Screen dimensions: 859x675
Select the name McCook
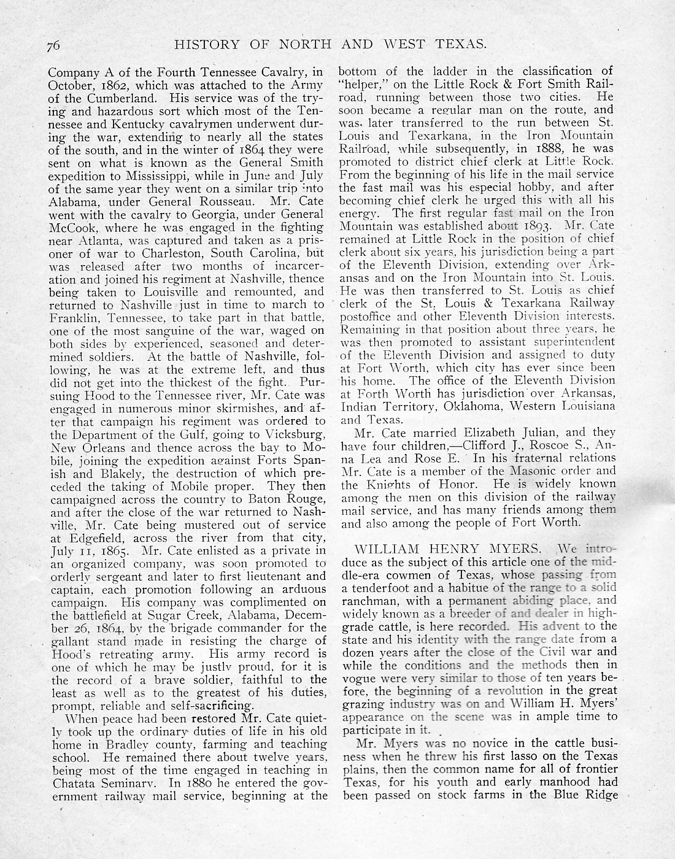click(74, 227)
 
